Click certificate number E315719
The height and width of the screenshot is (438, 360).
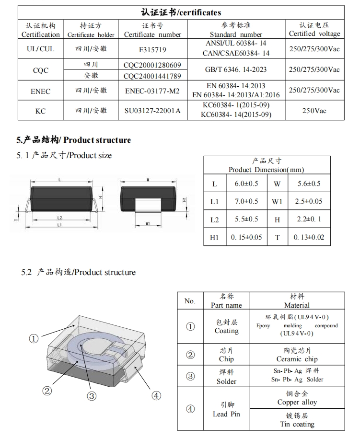point(152,49)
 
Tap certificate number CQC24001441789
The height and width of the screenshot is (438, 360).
point(152,76)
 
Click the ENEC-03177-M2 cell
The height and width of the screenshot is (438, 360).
point(152,91)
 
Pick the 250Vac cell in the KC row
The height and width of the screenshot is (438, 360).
point(314,111)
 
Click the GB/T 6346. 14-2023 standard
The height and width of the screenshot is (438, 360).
point(236,69)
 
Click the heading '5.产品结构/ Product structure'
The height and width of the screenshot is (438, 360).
point(74,140)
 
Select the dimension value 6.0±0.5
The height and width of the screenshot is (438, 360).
point(246,184)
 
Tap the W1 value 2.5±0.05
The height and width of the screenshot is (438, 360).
point(309,202)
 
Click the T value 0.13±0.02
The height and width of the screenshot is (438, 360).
point(309,237)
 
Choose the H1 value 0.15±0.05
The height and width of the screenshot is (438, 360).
point(246,237)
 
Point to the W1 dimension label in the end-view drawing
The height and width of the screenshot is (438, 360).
point(148,223)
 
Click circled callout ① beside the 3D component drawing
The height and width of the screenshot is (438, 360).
point(34,338)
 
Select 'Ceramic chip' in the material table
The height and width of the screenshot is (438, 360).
point(297,359)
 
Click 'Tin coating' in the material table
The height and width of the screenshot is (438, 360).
point(297,424)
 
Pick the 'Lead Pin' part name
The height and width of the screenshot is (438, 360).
point(226,414)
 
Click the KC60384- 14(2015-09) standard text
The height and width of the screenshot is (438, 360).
point(236,115)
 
